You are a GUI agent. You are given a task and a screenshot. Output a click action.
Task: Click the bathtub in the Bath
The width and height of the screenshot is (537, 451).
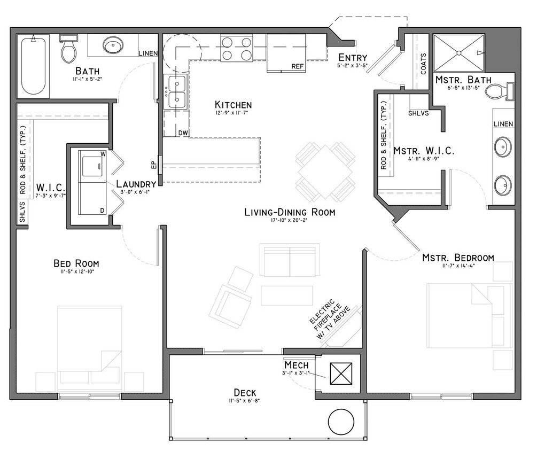[34, 67]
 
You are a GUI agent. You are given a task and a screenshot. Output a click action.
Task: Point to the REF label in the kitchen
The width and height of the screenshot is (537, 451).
[298, 67]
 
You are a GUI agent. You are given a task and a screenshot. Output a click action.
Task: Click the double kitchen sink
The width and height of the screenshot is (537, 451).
[175, 91]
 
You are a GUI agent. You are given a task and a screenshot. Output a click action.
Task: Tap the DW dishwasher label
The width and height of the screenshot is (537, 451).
[183, 132]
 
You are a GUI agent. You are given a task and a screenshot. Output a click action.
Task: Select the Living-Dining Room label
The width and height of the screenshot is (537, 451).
[290, 212]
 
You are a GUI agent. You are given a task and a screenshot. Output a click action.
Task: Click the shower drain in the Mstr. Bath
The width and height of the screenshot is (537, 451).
[458, 52]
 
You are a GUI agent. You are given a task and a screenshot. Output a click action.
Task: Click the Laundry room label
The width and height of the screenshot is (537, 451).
[136, 184]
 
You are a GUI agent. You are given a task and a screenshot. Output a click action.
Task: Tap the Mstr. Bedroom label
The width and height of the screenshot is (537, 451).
[458, 258]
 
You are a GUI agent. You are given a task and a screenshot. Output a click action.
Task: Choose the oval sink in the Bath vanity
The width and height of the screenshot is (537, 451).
[113, 45]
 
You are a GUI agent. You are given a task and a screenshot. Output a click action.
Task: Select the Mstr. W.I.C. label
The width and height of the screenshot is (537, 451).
[424, 151]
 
